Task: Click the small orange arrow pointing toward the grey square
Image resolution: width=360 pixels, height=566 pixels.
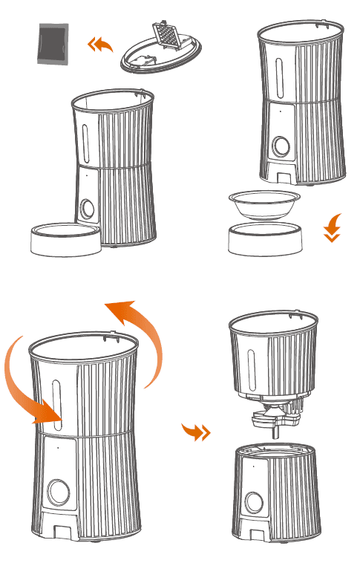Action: pos(100,45)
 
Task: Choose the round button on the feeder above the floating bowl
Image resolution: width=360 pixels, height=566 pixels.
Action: pos(281,146)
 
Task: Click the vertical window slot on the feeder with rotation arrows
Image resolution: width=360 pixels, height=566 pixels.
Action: pos(57,405)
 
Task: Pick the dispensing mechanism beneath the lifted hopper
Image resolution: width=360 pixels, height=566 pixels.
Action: pos(274,420)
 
